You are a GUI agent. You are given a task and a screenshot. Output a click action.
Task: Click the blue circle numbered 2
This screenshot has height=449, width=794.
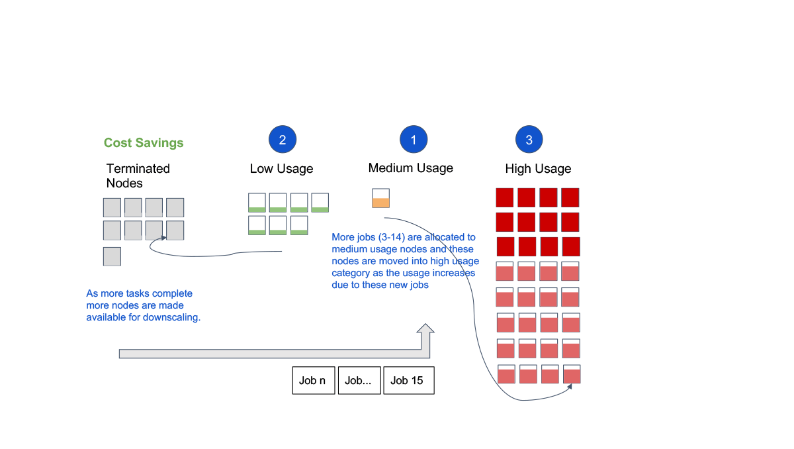[282, 139]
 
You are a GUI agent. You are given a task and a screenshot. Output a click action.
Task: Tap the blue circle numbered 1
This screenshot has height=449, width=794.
[414, 139]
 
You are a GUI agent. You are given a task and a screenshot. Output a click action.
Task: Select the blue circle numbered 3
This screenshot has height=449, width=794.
[529, 139]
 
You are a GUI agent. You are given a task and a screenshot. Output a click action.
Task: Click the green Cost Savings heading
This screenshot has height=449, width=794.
[144, 142]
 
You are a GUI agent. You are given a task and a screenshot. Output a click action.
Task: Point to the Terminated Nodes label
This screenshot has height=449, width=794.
[138, 175]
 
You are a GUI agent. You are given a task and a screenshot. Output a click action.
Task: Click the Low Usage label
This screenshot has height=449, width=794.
[281, 168]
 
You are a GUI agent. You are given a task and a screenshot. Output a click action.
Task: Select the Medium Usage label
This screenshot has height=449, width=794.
[410, 168]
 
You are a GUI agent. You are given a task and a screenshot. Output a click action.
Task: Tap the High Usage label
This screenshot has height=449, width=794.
[538, 168]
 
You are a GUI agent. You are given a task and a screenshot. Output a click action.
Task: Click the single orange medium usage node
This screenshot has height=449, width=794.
[380, 198]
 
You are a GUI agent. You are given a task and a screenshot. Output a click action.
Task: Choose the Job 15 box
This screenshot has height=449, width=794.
[409, 380]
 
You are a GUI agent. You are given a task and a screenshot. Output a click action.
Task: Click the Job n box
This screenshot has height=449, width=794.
[314, 380]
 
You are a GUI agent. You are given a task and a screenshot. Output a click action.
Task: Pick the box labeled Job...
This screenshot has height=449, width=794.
[359, 380]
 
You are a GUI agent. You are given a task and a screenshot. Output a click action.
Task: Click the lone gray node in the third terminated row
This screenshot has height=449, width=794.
[112, 256]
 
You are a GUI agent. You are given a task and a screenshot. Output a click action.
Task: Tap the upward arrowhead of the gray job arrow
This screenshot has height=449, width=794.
[425, 328]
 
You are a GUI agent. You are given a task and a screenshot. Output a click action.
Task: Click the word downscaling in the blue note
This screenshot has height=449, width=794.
[176, 317]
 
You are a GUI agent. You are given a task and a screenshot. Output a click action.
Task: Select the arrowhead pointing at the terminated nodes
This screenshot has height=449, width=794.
[163, 238]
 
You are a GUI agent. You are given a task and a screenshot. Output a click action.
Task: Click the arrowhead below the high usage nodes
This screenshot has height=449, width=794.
[569, 387]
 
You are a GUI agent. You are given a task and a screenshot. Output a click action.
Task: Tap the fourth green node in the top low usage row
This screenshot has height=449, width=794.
[320, 203]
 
